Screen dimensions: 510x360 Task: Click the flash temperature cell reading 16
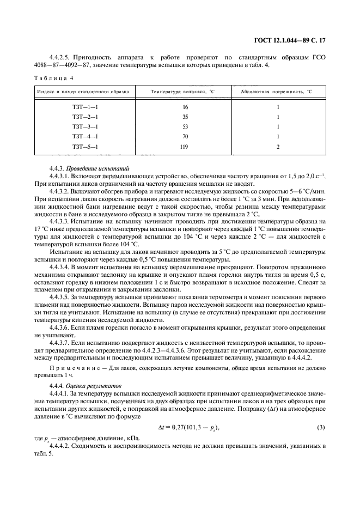point(185,107)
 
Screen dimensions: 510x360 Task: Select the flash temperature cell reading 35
point(185,117)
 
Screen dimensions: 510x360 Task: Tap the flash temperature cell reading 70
point(185,137)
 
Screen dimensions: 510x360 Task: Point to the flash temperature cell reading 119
point(185,147)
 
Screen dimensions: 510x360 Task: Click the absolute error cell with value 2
point(278,147)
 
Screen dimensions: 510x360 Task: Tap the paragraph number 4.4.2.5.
point(61,57)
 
